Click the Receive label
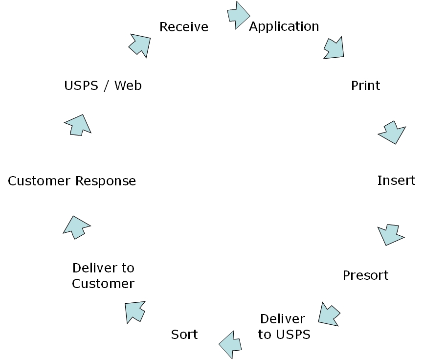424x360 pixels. click(x=184, y=27)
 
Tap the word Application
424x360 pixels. click(x=284, y=26)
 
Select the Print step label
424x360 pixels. click(x=365, y=86)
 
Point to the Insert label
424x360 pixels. click(x=396, y=180)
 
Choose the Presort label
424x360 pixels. click(x=365, y=275)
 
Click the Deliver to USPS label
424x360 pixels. click(x=284, y=327)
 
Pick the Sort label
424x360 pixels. click(x=184, y=335)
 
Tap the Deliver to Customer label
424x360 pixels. click(x=103, y=276)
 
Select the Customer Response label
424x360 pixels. click(x=72, y=181)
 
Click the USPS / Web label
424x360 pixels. click(x=103, y=86)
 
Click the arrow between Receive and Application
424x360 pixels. click(x=239, y=15)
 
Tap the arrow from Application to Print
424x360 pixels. click(x=334, y=47)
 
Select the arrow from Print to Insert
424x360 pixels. click(x=392, y=132)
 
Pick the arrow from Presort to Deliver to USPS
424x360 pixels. click(x=329, y=314)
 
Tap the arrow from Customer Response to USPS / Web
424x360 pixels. click(x=78, y=125)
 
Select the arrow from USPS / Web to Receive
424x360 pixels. click(x=140, y=45)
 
